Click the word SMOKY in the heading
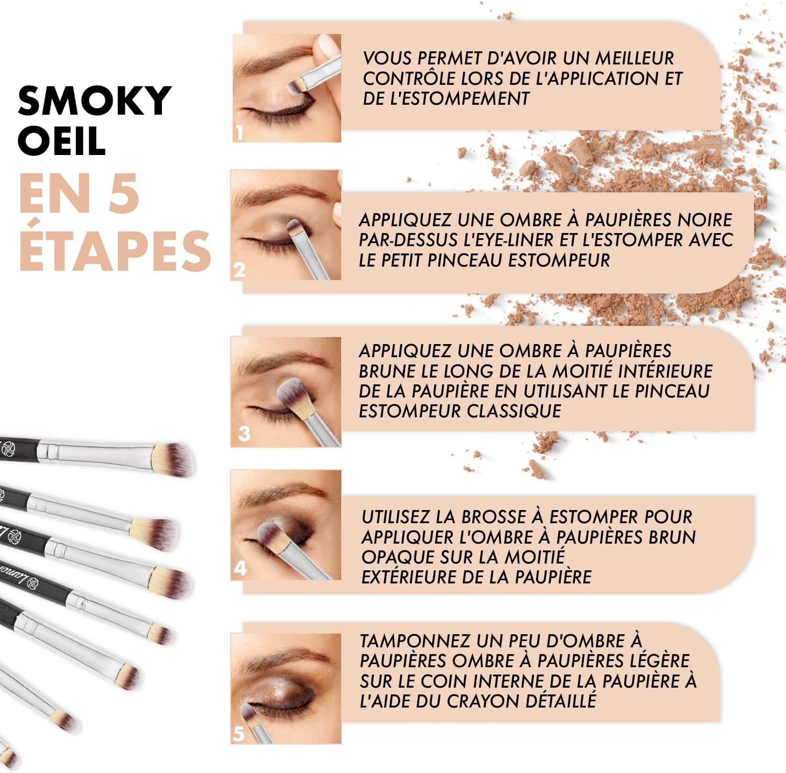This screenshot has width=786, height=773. coord(95,101)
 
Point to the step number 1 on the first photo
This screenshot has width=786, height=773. coord(239,133)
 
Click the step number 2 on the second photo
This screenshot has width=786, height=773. coord(239,270)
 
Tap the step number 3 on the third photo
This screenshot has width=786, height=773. coord(244,434)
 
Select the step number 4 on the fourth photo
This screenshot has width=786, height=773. coord(240,568)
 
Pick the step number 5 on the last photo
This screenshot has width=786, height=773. coord(239,733)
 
